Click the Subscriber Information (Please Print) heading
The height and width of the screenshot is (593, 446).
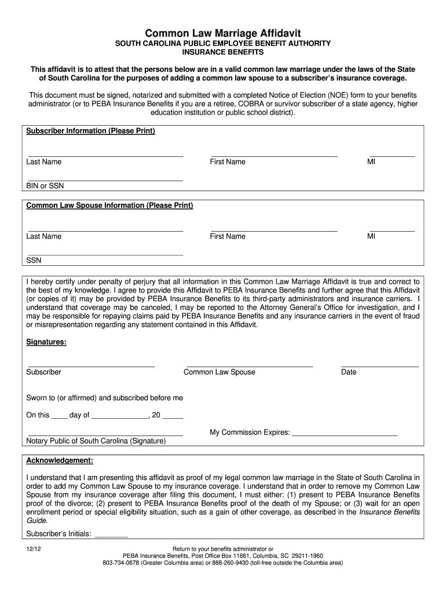pos(90,131)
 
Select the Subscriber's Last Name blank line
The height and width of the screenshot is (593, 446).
pos(105,156)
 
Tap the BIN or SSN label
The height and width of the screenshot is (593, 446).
pos(45,186)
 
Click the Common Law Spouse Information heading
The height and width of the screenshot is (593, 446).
pos(109,206)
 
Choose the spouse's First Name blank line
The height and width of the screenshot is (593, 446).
pos(273,230)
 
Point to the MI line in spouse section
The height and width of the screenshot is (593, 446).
pos(392,230)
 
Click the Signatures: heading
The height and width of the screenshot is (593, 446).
pos(46,342)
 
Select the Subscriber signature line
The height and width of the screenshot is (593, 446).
pos(91,366)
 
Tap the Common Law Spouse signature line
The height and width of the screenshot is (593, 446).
pos(248,366)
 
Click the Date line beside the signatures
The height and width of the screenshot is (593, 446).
pos(379,366)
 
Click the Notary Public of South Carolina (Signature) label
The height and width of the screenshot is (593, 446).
pos(96,441)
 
